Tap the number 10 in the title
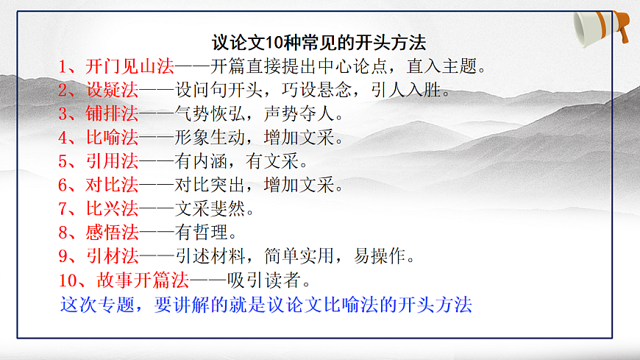click(x=267, y=43)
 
